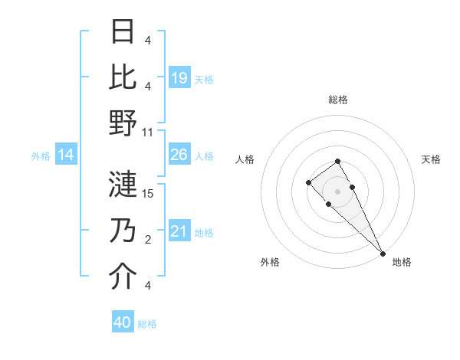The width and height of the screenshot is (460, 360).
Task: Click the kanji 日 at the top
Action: pyautogui.click(x=123, y=31)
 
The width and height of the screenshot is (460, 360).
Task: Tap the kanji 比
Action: pyautogui.click(x=123, y=77)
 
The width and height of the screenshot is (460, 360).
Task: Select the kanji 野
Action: pyautogui.click(x=123, y=124)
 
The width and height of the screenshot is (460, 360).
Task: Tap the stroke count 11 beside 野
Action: pyautogui.click(x=148, y=132)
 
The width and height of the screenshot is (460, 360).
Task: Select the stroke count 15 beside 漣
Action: pyautogui.click(x=148, y=193)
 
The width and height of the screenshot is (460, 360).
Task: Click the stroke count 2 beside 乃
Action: pyautogui.click(x=147, y=240)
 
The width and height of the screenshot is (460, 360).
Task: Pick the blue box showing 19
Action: pyautogui.click(x=179, y=78)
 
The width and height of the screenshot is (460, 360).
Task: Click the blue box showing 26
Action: pyautogui.click(x=179, y=155)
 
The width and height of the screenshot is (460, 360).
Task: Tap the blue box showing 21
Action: pyautogui.click(x=179, y=232)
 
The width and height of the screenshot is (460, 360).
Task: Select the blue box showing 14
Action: pyautogui.click(x=65, y=155)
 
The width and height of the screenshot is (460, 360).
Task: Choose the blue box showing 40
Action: pyautogui.click(x=122, y=322)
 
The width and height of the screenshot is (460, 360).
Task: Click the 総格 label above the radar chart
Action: pyautogui.click(x=337, y=100)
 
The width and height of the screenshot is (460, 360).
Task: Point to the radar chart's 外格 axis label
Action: pyautogui.click(x=270, y=262)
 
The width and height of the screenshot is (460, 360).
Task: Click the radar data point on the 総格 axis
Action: pyautogui.click(x=337, y=161)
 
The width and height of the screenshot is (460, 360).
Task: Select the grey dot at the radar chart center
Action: pyautogui.click(x=337, y=191)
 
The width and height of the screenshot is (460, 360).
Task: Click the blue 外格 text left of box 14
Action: pyautogui.click(x=41, y=156)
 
